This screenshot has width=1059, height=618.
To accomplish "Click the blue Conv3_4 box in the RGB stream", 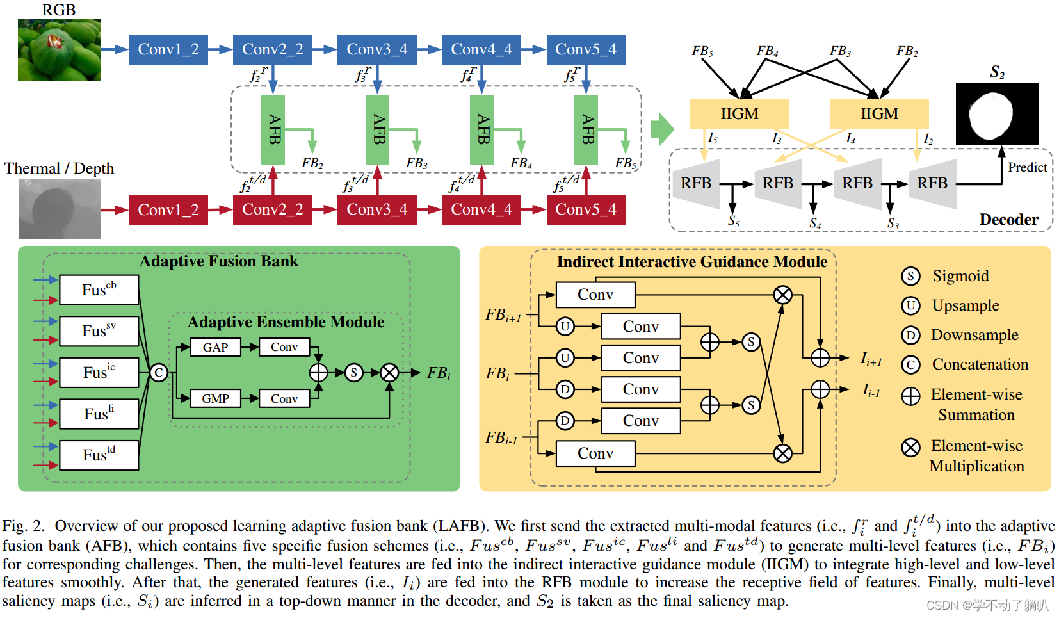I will pos(376,49).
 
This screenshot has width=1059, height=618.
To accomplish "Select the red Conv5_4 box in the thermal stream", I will pos(586,209).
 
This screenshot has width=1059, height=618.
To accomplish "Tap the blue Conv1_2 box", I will pos(168,49).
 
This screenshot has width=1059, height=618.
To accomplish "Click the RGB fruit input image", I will pos(59,50).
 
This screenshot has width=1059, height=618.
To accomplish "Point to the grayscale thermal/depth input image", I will pos(59,209).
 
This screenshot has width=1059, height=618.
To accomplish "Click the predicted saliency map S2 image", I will pos(997,114).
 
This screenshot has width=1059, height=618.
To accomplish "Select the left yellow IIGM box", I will pos(739,114).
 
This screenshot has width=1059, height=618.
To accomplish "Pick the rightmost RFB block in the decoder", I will pos(932,184).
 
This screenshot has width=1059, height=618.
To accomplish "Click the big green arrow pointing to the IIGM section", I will pos(662,129).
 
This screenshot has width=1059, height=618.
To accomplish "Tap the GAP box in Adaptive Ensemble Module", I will pos(216,347).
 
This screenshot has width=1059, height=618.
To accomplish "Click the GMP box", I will pos(216,398).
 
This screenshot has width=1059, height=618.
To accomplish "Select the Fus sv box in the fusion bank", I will pos(99,331).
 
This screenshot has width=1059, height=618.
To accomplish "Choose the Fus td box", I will pos(99,455).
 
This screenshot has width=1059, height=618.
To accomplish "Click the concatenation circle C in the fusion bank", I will pos(159,373).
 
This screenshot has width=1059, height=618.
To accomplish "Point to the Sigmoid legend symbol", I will pos(910,276).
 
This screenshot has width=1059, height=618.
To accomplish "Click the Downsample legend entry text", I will pos(974,335).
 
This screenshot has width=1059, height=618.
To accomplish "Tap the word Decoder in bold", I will pos(1008,220).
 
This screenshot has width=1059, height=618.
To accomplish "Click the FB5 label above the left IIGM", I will pos(702,51).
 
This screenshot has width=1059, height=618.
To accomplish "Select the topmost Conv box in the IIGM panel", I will pos(595,295).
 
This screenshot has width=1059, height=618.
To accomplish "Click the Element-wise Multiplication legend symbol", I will pos(910,447).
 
